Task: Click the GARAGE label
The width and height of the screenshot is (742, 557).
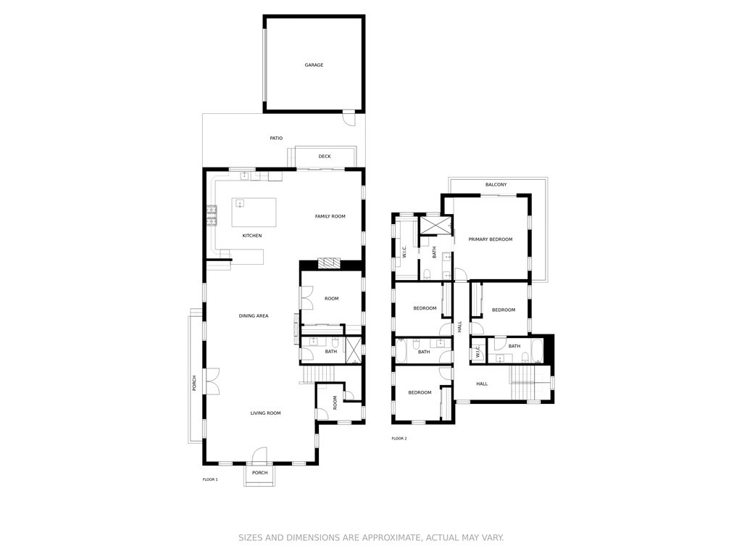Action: coord(314,65)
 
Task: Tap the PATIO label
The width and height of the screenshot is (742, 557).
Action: coord(276,139)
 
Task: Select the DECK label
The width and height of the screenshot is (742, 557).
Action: coord(325,157)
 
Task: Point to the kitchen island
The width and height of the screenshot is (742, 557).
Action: coord(254,213)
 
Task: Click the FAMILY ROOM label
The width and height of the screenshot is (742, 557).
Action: coord(330,216)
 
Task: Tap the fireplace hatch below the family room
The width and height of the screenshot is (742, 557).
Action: coord(329,263)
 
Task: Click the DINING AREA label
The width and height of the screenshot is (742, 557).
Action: coord(254,316)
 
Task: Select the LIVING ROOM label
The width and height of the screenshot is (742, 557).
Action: coord(265,413)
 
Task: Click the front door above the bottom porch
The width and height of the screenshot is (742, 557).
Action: coord(260,455)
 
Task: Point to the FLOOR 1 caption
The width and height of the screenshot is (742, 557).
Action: coord(210,479)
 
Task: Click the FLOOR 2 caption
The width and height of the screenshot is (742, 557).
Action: coord(399,439)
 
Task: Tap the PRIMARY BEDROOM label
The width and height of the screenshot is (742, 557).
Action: coord(491,239)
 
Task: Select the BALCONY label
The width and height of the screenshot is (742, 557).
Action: coord(496,185)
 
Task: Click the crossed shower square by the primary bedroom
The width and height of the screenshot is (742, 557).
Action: coord(435,226)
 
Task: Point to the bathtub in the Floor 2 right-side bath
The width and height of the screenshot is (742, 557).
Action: coord(537,350)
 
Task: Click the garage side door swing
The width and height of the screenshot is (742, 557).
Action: coord(349,118)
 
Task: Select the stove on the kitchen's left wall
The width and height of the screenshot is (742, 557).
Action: coord(211,215)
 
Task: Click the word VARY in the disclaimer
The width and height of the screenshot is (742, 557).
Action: coord(492,537)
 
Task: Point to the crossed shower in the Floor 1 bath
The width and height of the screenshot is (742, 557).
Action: coord(353,350)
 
